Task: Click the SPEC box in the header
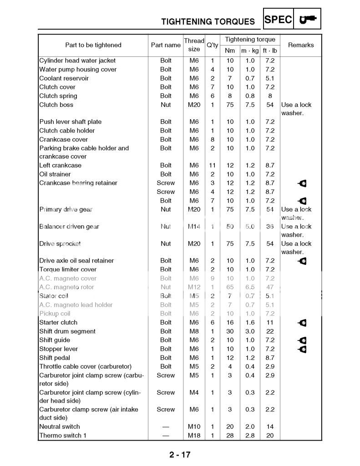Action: click(278, 20)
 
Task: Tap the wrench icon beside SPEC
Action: click(308, 20)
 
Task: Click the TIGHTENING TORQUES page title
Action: click(208, 21)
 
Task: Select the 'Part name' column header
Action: click(166, 45)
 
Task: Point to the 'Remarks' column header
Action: click(301, 45)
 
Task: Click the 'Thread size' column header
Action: click(194, 45)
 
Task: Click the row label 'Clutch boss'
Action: click(56, 105)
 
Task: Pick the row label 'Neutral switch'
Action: click(59, 426)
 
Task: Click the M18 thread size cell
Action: click(194, 436)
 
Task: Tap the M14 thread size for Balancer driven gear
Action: click(194, 227)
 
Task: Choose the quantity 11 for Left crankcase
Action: click(212, 166)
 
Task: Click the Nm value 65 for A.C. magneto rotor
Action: click(230, 287)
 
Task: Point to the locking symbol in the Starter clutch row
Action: click(302, 323)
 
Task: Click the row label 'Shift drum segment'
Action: click(67, 331)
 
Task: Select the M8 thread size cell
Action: click(194, 331)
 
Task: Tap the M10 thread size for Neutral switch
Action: click(194, 426)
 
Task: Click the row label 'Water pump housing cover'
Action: click(78, 70)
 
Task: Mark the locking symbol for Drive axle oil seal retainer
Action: click(302, 261)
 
